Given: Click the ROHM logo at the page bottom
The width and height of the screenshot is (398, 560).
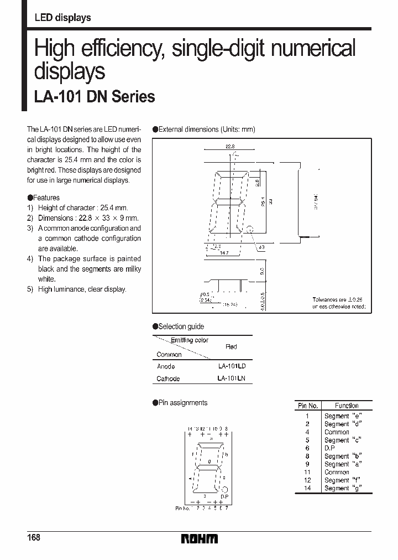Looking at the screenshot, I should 199,538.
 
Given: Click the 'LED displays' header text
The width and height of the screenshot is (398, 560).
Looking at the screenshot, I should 62,18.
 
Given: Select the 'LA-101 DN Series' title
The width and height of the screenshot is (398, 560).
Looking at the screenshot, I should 95,97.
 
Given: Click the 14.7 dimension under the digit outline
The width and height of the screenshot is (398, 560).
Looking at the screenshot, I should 223,252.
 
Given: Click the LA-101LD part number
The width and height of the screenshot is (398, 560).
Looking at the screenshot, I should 232,366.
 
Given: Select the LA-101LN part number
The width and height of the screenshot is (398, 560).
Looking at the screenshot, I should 232,379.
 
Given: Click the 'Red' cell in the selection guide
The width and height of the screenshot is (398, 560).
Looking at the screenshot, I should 231,347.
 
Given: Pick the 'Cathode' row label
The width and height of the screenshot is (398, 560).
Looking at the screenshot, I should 168,379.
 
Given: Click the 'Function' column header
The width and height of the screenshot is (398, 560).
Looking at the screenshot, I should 347,406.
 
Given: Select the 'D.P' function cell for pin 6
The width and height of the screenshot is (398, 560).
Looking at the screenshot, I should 329,448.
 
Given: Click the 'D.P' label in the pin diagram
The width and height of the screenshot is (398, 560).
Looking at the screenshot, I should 224,496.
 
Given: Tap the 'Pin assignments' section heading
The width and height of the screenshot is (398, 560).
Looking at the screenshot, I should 182,403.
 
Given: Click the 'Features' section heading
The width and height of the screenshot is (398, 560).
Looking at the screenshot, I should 46,198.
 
